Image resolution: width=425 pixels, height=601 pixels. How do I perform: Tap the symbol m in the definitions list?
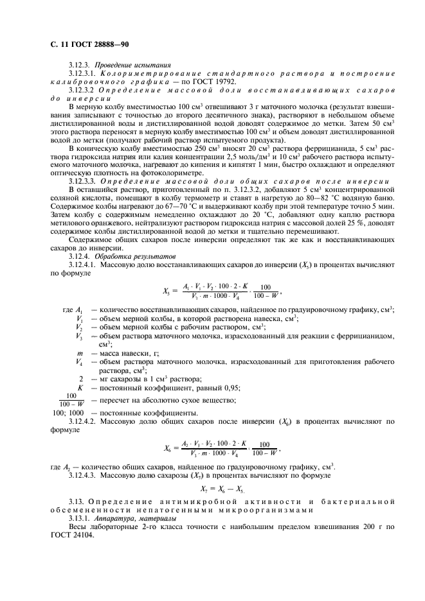79,354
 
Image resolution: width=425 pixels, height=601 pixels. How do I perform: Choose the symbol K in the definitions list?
80,388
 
